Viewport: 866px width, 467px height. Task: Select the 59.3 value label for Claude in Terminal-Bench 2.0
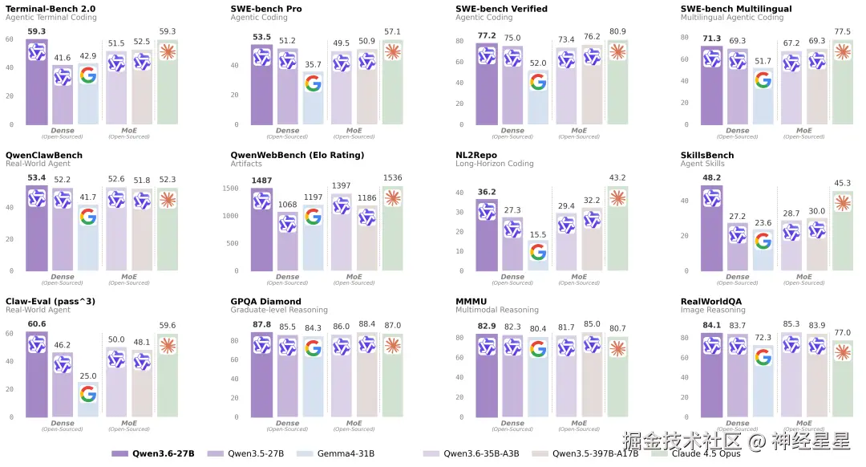point(168,32)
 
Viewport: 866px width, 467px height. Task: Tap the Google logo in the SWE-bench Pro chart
point(313,83)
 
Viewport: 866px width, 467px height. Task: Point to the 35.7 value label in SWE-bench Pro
point(313,65)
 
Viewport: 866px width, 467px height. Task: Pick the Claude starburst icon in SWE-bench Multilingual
point(842,51)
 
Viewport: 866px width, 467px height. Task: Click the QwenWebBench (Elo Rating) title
point(297,155)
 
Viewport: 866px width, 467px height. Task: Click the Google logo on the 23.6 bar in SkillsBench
point(763,240)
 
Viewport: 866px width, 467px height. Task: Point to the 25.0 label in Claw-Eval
point(88,376)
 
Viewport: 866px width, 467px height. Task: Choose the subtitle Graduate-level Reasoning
point(279,310)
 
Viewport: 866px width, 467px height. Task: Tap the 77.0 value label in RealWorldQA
point(842,332)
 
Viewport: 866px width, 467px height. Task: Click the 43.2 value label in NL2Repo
point(617,177)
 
